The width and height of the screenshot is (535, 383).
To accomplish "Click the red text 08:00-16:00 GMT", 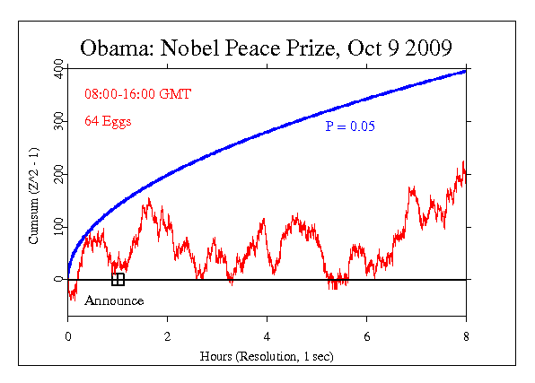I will [x=137, y=93].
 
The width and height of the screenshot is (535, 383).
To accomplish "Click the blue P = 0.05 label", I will [x=351, y=126].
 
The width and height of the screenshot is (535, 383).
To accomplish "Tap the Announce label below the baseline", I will [x=114, y=300].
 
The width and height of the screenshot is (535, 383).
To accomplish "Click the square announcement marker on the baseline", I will [x=118, y=279].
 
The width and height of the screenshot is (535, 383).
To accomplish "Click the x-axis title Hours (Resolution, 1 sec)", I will [x=267, y=356].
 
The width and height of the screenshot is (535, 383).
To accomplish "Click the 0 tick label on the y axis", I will [x=58, y=279].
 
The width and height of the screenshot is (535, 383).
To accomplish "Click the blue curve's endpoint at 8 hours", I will [x=465, y=71].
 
